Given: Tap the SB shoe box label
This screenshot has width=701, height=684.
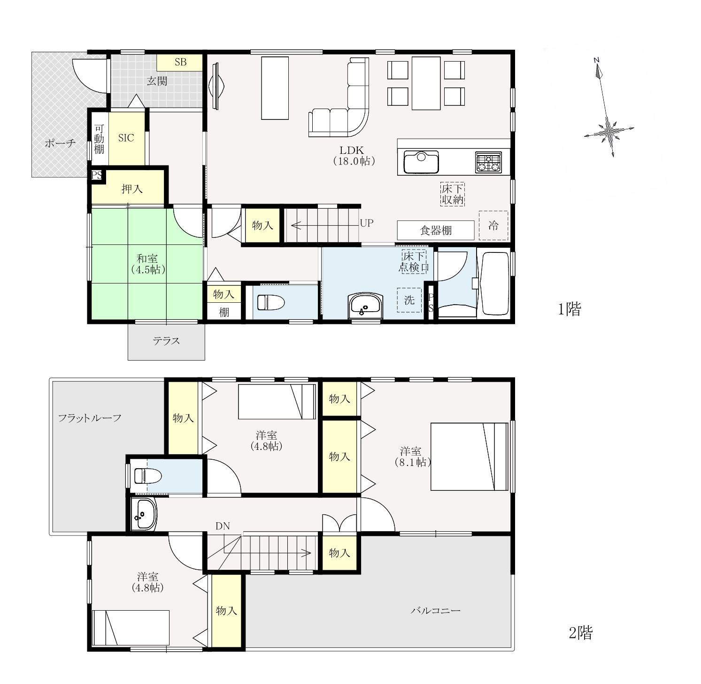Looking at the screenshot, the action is (x=180, y=62).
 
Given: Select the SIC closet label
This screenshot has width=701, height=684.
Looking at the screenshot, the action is (x=126, y=138).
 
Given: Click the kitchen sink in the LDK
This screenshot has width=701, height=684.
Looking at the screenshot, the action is (x=421, y=162).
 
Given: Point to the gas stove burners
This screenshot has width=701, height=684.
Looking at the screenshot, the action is (x=488, y=162).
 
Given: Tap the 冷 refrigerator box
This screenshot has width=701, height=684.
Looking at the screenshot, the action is (x=493, y=226).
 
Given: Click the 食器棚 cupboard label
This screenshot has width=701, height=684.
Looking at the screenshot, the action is (x=436, y=230).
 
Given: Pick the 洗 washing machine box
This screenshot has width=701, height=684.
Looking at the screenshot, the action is (x=409, y=300).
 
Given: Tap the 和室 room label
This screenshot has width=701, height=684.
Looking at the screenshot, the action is (x=147, y=259).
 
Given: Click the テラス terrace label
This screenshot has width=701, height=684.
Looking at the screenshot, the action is (x=166, y=341).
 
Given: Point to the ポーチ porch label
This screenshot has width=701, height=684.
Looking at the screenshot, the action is (x=60, y=143).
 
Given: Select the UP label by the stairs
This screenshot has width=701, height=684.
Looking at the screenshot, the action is (x=367, y=223).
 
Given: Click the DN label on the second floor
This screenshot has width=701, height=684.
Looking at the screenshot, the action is (x=223, y=526).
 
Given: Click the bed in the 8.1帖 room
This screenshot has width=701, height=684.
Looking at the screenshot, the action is (x=470, y=456).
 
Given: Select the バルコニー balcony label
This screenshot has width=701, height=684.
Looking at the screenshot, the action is (x=436, y=611).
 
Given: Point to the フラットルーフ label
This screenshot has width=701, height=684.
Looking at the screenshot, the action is (x=90, y=418).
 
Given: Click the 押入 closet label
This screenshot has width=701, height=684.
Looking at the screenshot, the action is (x=132, y=189).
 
